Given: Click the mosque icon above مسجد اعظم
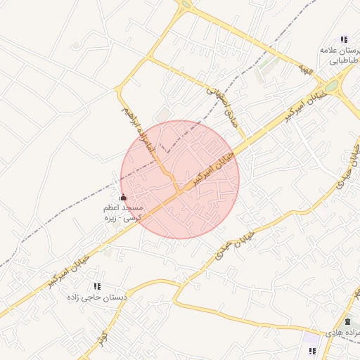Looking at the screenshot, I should coord(124,198).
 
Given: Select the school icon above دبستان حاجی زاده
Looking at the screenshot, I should coord(97,286).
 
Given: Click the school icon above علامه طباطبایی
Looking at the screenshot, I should coord(344,39).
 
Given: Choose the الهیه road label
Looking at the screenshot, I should coord(304,69).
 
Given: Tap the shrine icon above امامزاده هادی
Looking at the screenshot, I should coord(346,321).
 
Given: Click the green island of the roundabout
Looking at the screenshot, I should coord(330,86).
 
